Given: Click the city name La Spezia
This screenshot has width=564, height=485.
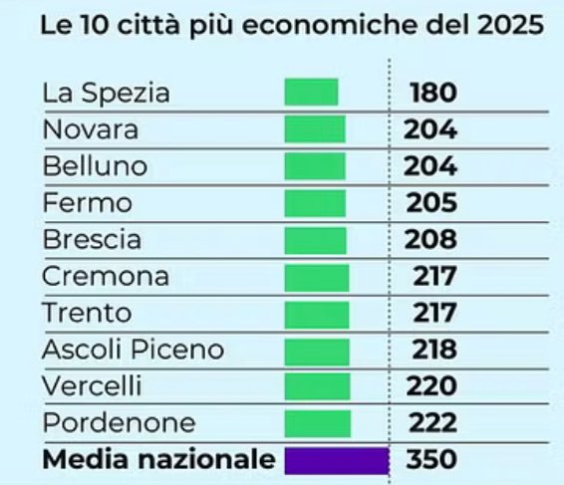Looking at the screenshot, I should pyautogui.click(x=106, y=94).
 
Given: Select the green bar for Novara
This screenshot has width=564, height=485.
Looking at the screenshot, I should pyautogui.click(x=314, y=129).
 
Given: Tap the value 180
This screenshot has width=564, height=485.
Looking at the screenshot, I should pyautogui.click(x=432, y=94).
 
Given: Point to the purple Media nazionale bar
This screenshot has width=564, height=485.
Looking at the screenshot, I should pyautogui.click(x=336, y=460).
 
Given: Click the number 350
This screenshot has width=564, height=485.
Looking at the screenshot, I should pyautogui.click(x=432, y=460).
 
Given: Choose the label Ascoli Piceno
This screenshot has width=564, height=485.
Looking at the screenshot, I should pyautogui.click(x=133, y=350).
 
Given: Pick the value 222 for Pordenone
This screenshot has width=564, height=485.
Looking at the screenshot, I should pyautogui.click(x=432, y=423).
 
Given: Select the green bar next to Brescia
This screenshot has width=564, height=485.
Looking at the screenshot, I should pyautogui.click(x=315, y=240).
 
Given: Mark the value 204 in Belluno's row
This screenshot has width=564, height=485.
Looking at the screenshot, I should pyautogui.click(x=430, y=166).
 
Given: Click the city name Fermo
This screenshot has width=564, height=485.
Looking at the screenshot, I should pyautogui.click(x=87, y=203).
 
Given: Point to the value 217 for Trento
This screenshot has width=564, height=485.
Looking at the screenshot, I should pyautogui.click(x=433, y=313).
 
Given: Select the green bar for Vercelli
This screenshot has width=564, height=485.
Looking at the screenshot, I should pyautogui.click(x=317, y=386).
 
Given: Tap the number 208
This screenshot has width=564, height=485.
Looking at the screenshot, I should pyautogui.click(x=431, y=240).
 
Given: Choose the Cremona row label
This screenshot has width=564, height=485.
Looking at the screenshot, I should pyautogui.click(x=106, y=276).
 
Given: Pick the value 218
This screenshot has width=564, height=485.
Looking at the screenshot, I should pyautogui.click(x=432, y=350).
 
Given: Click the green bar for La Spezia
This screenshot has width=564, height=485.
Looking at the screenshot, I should pyautogui.click(x=311, y=93).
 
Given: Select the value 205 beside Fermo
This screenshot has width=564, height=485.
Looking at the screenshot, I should pyautogui.click(x=431, y=203).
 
